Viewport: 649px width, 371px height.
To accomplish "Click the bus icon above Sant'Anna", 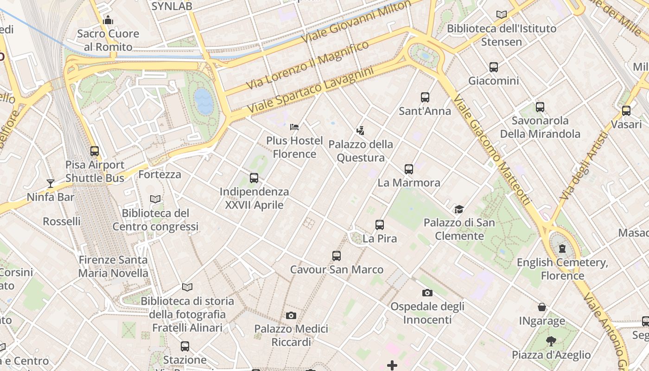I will pyautogui.click(x=425, y=97).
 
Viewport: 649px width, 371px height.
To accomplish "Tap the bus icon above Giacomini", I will pyautogui.click(x=494, y=67).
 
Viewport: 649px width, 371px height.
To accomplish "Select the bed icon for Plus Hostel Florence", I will pyautogui.click(x=294, y=127).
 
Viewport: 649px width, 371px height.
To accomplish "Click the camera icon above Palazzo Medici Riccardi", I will pyautogui.click(x=291, y=316).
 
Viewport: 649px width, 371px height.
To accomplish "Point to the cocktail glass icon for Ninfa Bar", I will pyautogui.click(x=51, y=184).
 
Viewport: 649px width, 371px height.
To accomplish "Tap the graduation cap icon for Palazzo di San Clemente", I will pyautogui.click(x=459, y=210).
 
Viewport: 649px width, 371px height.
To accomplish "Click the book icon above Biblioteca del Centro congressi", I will pyautogui.click(x=155, y=199).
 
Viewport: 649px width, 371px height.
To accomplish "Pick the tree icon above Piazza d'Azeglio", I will pyautogui.click(x=551, y=342).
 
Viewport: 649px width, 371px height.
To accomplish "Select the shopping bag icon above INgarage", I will pyautogui.click(x=541, y=307).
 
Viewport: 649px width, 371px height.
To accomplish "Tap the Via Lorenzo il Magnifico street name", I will pyautogui.click(x=308, y=65).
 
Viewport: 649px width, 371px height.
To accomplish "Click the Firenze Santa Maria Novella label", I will pyautogui.click(x=113, y=267).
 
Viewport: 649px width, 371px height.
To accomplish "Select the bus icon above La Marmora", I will pyautogui.click(x=408, y=169).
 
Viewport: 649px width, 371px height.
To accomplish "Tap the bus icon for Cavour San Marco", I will pyautogui.click(x=337, y=256).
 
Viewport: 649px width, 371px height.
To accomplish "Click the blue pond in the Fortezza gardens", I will pyautogui.click(x=204, y=101).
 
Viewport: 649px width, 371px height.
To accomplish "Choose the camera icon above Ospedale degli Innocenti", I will pyautogui.click(x=427, y=293).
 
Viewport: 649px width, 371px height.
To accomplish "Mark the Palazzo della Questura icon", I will pyautogui.click(x=360, y=131).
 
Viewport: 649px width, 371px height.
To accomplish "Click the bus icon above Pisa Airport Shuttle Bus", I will pyautogui.click(x=95, y=151).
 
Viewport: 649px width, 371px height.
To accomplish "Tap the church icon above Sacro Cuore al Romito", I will pyautogui.click(x=108, y=20).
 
